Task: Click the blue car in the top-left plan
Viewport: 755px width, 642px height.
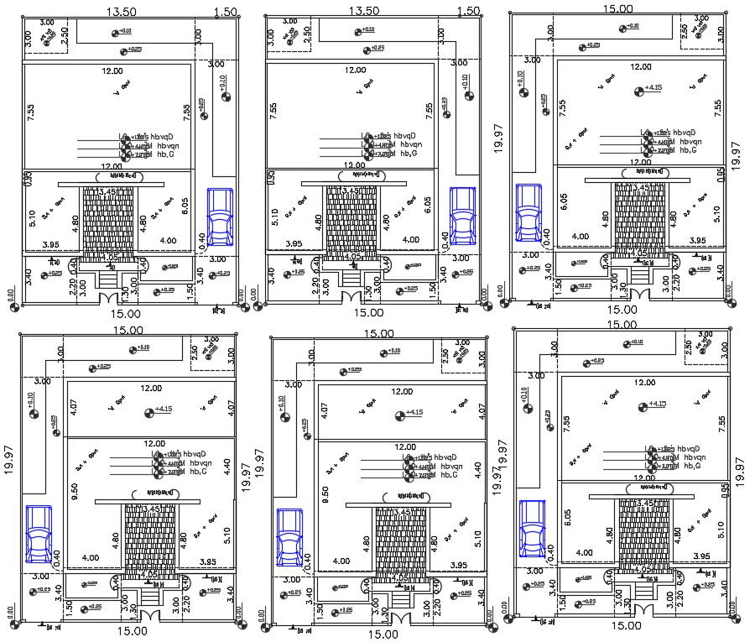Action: tap(220, 216)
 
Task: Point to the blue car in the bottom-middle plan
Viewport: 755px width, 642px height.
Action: tap(289, 537)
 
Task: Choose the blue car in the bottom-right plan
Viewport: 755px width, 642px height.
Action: tap(530, 530)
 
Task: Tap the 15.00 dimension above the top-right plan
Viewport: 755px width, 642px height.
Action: tap(618, 8)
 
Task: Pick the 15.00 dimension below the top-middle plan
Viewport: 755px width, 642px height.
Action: tap(368, 312)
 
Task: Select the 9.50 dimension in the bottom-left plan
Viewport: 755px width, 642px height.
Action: tap(74, 489)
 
